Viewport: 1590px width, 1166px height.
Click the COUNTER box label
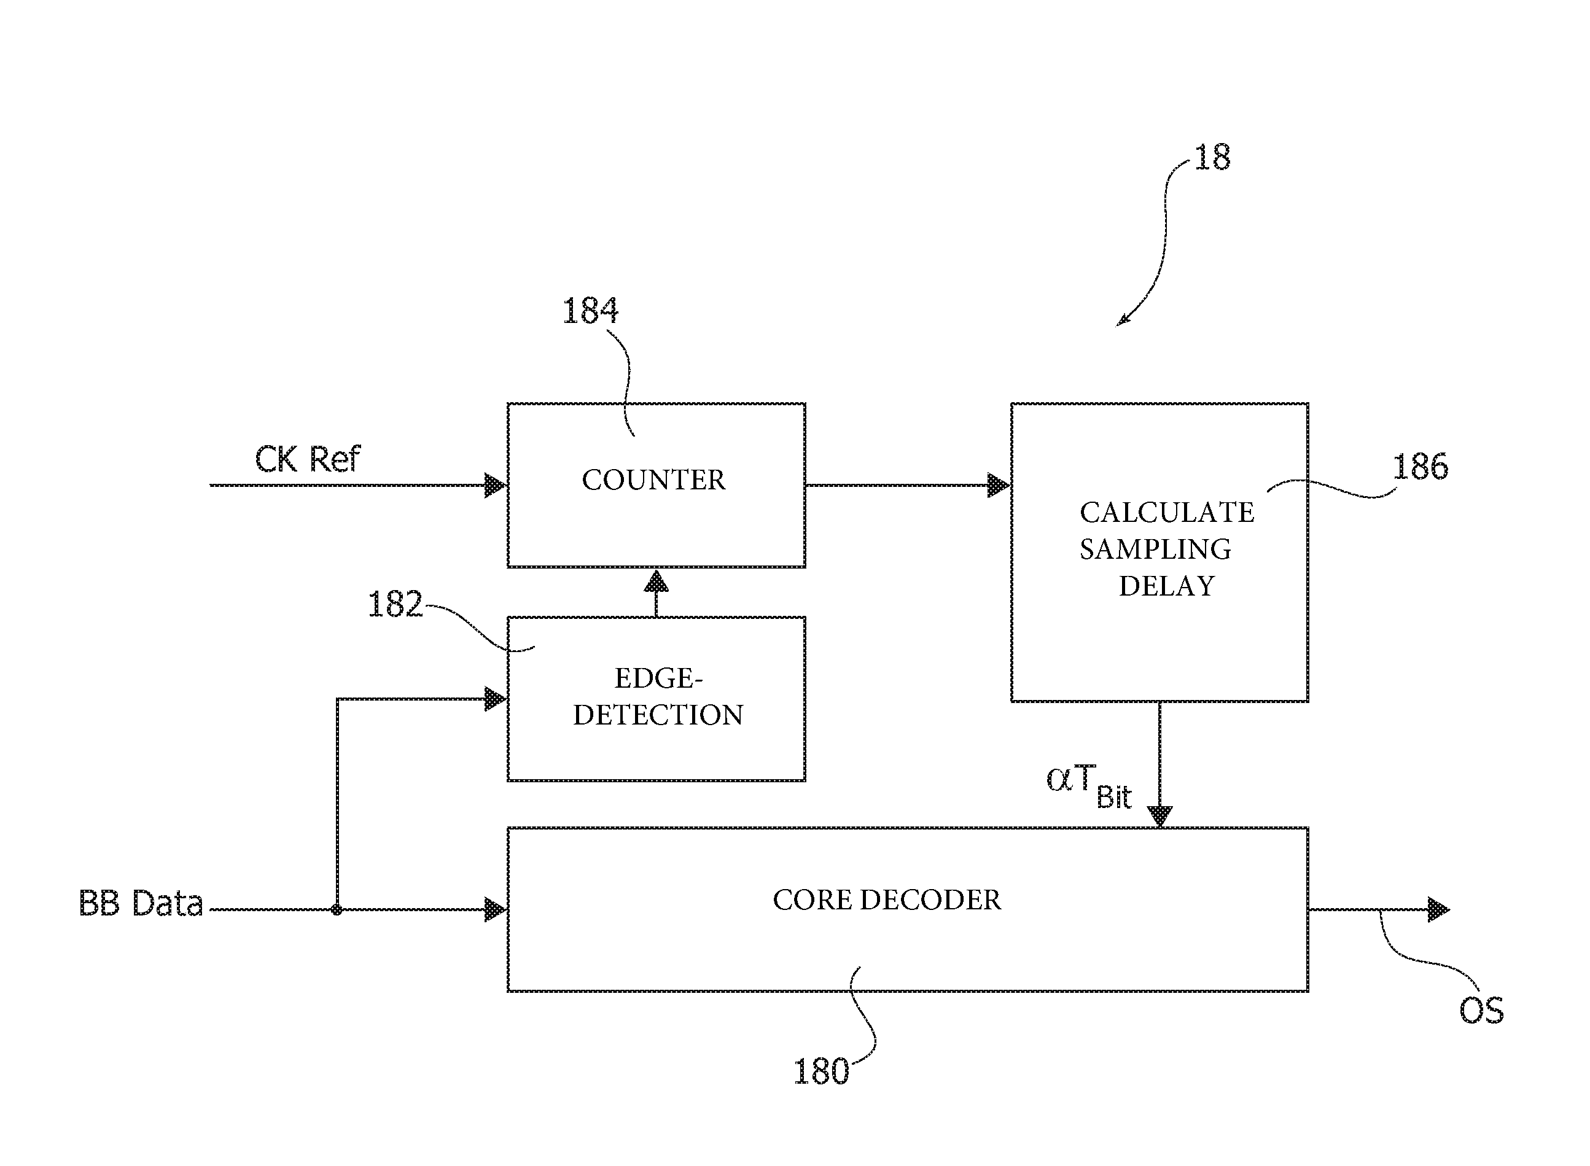(x=653, y=480)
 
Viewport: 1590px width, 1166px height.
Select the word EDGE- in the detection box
(x=658, y=678)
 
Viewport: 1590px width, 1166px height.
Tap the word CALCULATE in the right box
(x=1166, y=513)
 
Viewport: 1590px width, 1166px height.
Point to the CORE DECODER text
(x=887, y=900)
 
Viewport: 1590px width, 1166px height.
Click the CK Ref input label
(x=307, y=459)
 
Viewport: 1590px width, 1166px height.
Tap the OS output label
(x=1481, y=1011)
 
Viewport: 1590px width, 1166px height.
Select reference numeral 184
(x=590, y=311)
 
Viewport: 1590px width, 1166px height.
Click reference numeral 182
(x=395, y=604)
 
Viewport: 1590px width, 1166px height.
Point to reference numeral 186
(x=1419, y=467)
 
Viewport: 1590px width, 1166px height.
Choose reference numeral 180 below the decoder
(x=820, y=1071)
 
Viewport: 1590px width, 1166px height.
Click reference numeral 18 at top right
(x=1212, y=157)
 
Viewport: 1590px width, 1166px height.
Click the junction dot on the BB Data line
(x=337, y=910)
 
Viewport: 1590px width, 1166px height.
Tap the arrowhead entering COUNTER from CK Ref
(x=496, y=486)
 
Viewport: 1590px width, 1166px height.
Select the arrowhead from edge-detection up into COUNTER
(x=656, y=581)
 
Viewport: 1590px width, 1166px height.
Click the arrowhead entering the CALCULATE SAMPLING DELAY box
(x=999, y=486)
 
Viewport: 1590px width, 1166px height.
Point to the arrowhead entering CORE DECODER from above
(x=1159, y=816)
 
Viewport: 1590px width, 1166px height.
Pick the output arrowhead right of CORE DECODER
(x=1438, y=910)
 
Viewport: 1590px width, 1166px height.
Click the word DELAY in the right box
(x=1166, y=586)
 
